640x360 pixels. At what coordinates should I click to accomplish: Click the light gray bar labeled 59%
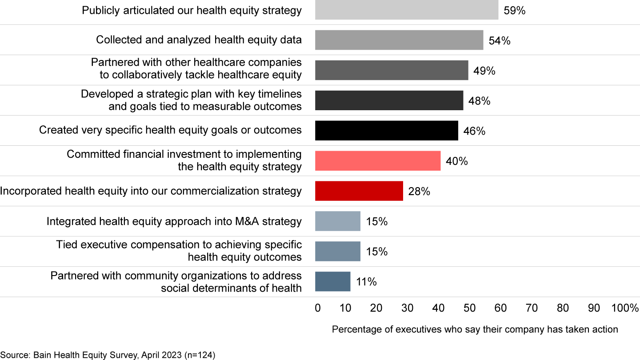407,10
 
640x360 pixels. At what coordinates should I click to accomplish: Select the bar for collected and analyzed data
399,40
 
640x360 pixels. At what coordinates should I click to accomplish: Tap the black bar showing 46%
386,131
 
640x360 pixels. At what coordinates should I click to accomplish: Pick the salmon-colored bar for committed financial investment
378,161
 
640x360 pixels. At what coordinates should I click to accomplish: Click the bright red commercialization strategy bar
359,191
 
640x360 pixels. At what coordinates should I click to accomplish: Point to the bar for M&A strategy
338,221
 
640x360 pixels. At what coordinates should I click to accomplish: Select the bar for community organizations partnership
333,282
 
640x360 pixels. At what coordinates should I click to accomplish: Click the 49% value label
484,71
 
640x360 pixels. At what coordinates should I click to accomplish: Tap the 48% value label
480,101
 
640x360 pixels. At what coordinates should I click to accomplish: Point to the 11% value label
366,282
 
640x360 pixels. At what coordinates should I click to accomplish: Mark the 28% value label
419,192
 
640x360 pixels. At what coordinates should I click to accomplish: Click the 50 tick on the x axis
469,308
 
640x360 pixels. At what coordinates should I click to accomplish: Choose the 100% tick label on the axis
625,308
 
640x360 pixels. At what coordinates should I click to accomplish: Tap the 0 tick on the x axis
317,308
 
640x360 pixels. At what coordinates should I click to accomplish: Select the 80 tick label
563,308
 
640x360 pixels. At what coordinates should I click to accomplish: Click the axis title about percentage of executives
475,329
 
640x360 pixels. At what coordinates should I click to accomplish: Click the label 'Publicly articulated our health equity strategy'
192,10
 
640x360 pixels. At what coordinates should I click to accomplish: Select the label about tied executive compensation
179,251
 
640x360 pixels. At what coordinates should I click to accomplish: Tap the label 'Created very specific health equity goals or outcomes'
170,130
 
